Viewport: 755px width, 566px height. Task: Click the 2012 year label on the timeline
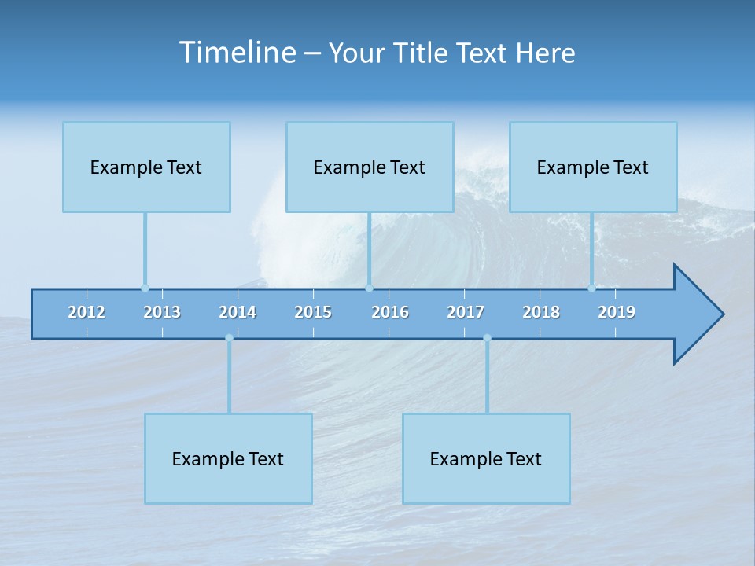click(87, 312)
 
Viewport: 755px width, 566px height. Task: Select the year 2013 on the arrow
click(162, 312)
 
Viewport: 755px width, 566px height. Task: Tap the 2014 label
click(238, 312)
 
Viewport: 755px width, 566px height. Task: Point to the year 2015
click(313, 312)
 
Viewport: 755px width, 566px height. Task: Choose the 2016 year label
click(390, 312)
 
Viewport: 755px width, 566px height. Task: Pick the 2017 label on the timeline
click(466, 312)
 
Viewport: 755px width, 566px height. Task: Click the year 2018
click(541, 312)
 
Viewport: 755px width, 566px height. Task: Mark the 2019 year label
click(617, 312)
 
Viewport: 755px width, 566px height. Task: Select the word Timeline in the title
click(237, 53)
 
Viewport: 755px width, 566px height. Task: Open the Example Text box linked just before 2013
click(146, 167)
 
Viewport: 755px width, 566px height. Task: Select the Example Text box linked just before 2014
click(228, 458)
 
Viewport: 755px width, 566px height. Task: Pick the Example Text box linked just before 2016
click(370, 167)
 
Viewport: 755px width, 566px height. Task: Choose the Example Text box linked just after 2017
click(486, 458)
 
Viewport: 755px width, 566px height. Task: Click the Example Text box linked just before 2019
click(593, 167)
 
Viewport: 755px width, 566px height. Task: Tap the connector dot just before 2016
click(370, 288)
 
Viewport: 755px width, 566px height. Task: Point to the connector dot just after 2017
click(487, 338)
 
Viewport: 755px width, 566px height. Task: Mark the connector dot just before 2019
click(591, 288)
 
